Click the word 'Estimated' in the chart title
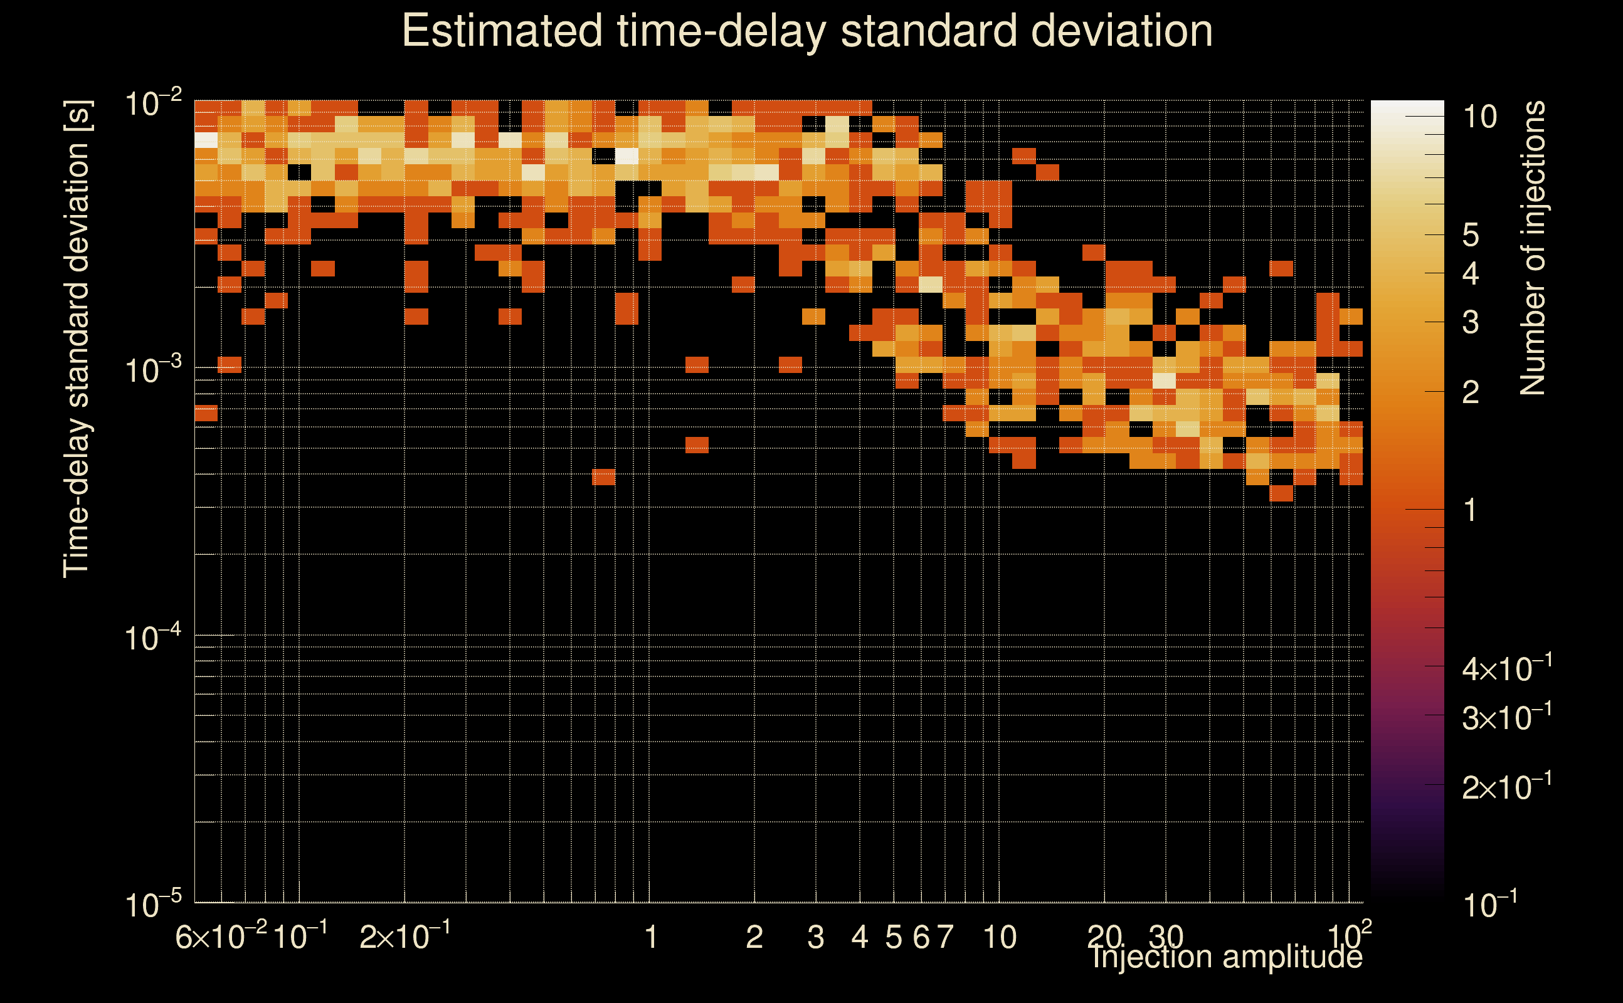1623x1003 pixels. (502, 31)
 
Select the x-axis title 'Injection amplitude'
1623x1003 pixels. (1227, 957)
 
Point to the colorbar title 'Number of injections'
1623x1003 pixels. (1532, 248)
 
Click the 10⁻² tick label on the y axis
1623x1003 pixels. (153, 105)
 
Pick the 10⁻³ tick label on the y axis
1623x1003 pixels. (153, 370)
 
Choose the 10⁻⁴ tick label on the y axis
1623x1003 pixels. (153, 638)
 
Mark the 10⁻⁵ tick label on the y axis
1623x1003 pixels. (153, 904)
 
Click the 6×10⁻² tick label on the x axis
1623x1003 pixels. (221, 937)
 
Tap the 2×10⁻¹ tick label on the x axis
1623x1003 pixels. (404, 937)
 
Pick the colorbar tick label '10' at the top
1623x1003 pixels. (1479, 117)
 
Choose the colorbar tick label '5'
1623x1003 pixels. (1471, 235)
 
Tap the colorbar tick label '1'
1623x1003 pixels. (1471, 510)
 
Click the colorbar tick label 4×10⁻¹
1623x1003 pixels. (1507, 669)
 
